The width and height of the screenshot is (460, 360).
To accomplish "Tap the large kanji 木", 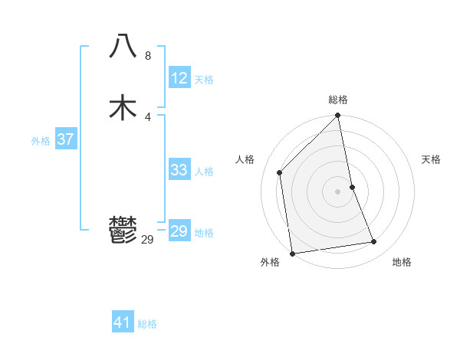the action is (x=123, y=107).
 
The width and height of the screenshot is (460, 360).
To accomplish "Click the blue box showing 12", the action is (x=179, y=78).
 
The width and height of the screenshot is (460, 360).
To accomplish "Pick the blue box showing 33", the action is (x=179, y=170).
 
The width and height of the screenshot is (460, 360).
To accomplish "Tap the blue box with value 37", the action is (x=65, y=139).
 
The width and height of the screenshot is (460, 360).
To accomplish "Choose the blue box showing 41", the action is (x=123, y=322).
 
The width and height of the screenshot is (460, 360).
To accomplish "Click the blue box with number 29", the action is (x=179, y=231).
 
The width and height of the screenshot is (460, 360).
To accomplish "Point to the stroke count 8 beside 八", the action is (x=147, y=56).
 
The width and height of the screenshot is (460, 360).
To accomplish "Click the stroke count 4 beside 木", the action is (x=147, y=116).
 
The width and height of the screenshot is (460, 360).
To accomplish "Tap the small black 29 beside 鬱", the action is (x=147, y=240).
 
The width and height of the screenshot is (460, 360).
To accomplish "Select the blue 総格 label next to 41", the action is (x=147, y=324).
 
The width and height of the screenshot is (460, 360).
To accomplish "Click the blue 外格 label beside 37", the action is (x=41, y=140).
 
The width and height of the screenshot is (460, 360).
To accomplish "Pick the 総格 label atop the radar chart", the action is (x=338, y=100).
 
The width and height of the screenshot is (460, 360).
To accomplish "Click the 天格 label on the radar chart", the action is (x=431, y=159).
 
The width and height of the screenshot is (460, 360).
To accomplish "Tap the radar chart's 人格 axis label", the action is (x=245, y=159).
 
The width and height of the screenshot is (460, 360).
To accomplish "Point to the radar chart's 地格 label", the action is (x=402, y=262).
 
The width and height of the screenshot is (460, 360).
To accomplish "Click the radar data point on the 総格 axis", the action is (x=338, y=117).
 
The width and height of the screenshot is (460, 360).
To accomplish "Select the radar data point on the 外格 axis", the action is (x=292, y=253).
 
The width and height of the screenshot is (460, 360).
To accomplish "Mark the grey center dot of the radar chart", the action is (x=338, y=191).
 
